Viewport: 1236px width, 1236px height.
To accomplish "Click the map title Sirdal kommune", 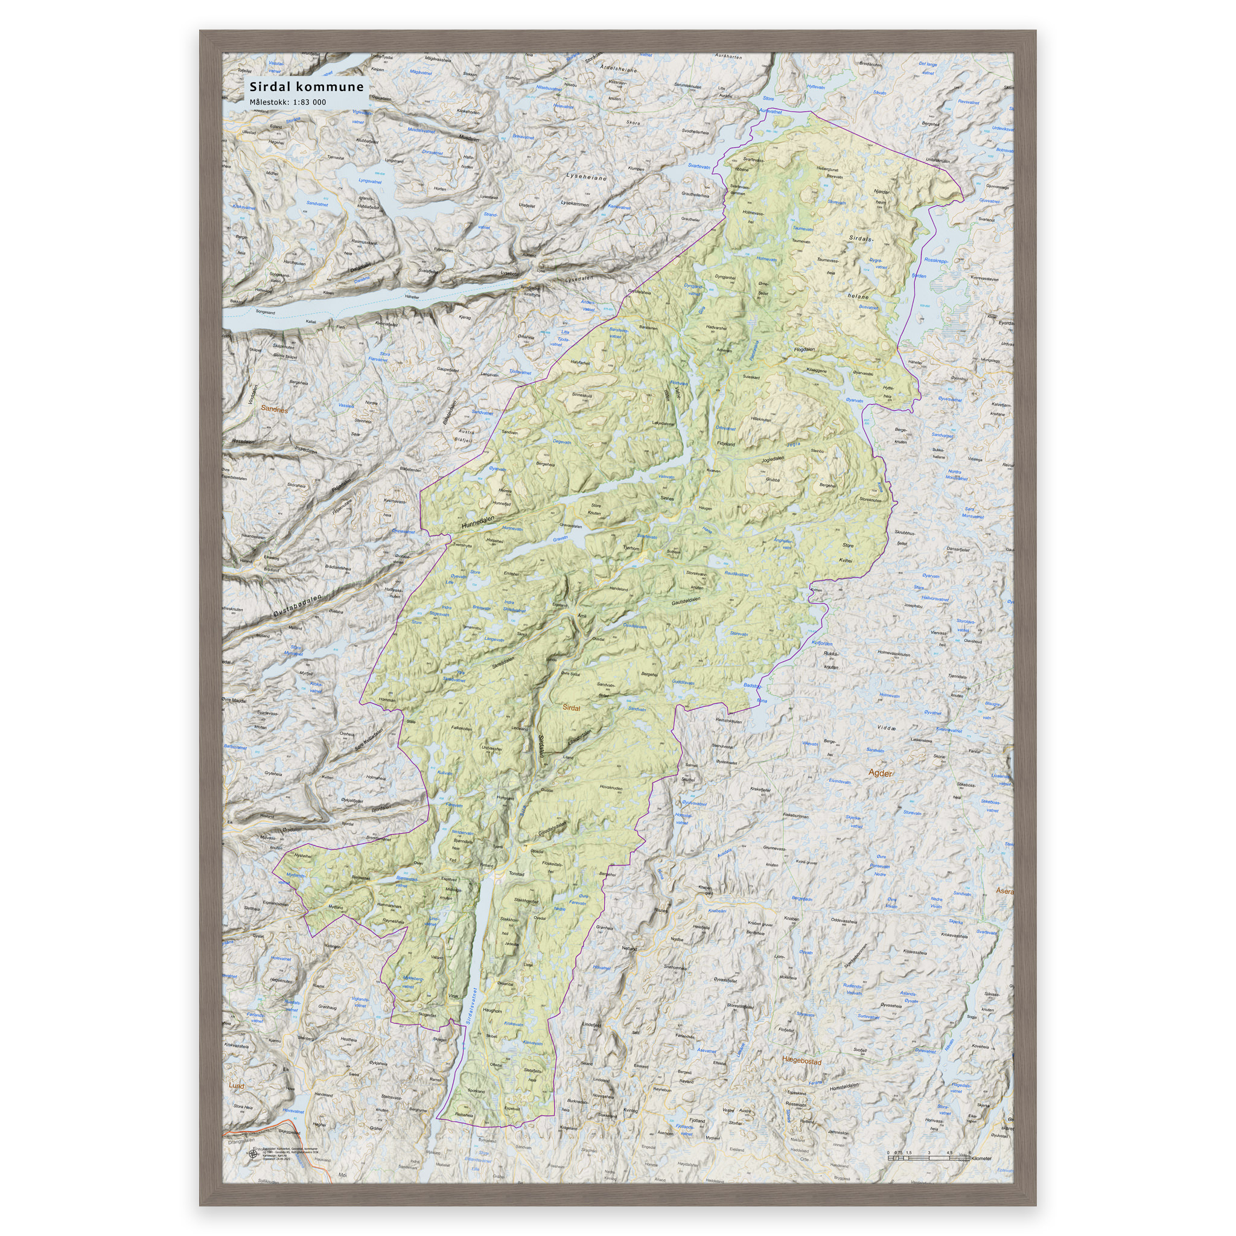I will pos(307,87).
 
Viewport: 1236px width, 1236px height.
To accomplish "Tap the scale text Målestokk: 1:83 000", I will pos(287,103).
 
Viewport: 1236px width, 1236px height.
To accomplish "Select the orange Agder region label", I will pos(881,773).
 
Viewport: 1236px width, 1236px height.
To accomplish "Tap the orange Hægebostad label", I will pos(801,1061).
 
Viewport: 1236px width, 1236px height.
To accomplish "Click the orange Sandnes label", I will pos(274,409).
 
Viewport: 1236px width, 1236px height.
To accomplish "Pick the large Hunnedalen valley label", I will pos(478,523).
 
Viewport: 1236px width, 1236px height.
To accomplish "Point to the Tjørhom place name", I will pos(631,548).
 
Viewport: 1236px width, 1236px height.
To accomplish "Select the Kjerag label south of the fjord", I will pos(465,317).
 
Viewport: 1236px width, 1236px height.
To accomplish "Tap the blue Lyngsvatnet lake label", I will pos(370,181).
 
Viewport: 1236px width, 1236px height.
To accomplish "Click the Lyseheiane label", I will pos(585,177).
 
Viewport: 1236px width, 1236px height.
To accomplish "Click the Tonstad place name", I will pos(515,874).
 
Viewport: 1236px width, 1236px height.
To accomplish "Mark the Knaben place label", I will pos(791,919).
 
